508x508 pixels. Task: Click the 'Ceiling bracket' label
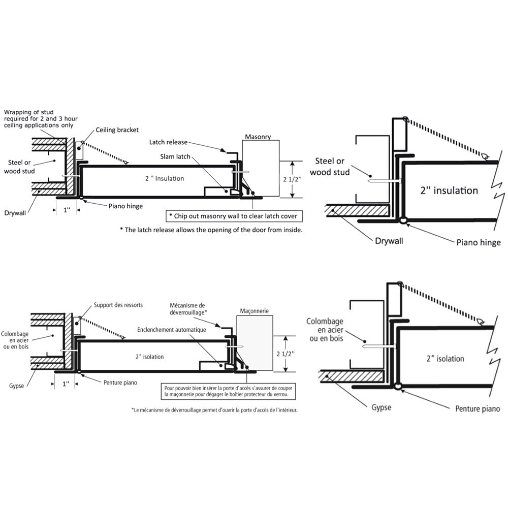pyautogui.click(x=117, y=130)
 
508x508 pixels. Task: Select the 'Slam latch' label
pyautogui.click(x=176, y=156)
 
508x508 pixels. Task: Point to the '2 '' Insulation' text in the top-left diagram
pyautogui.click(x=163, y=178)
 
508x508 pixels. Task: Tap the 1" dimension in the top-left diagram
pyautogui.click(x=67, y=209)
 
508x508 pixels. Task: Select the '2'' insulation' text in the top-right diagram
pyautogui.click(x=449, y=190)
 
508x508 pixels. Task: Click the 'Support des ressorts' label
pyautogui.click(x=118, y=305)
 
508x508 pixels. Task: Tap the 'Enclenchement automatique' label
pyautogui.click(x=171, y=330)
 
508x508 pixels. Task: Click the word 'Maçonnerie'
pyautogui.click(x=254, y=310)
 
